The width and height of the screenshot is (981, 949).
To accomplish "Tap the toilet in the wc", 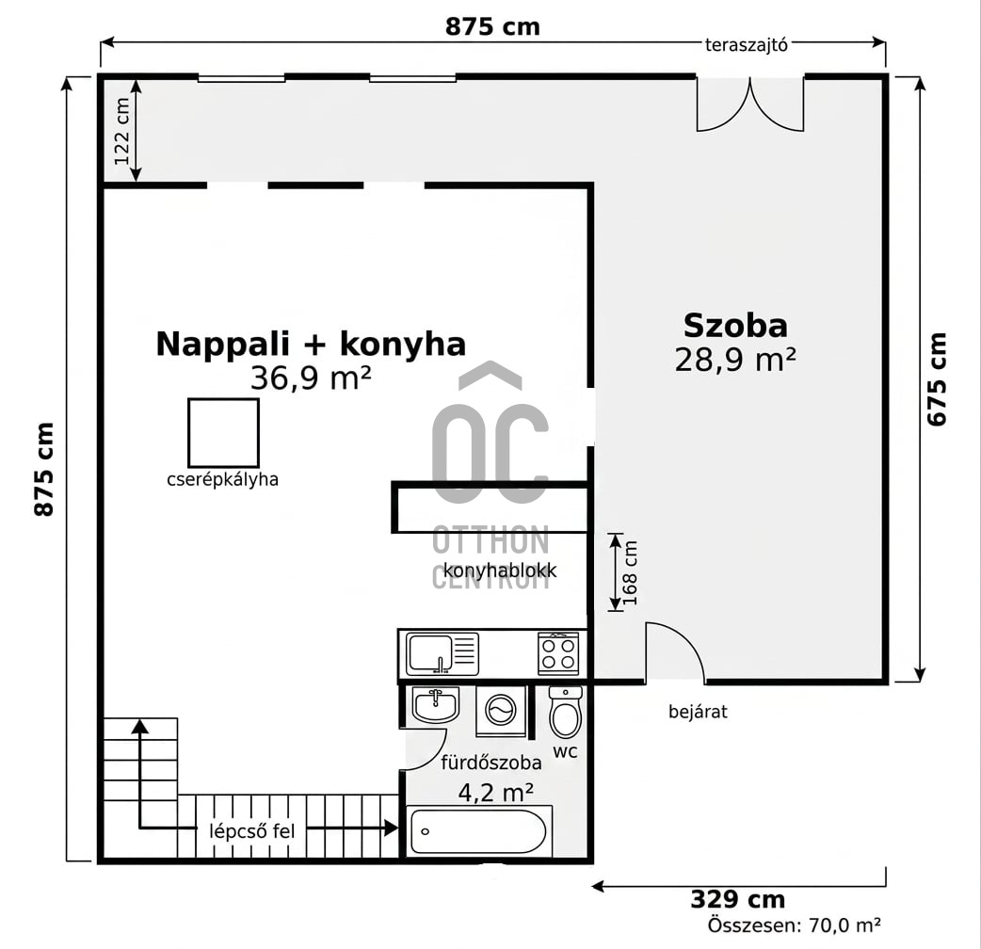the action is [x=565, y=713].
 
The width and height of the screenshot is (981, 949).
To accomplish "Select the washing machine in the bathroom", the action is [x=501, y=711].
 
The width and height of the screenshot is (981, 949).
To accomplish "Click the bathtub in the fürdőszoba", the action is [x=479, y=831].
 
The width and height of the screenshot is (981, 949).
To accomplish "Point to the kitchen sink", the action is [x=442, y=654].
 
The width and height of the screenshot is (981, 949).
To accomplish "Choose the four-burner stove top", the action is [x=558, y=653].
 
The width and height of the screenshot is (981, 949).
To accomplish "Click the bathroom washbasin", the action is [x=436, y=705].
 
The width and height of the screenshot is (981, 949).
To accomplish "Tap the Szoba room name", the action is [x=735, y=326].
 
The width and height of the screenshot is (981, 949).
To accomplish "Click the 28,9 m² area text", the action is [x=735, y=360].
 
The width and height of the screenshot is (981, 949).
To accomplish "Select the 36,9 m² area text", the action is [x=311, y=378].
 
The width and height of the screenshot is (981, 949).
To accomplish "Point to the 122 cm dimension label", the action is [x=122, y=132].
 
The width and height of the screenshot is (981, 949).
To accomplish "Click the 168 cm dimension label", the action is [x=630, y=572].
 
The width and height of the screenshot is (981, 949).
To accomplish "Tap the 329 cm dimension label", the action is [x=737, y=900].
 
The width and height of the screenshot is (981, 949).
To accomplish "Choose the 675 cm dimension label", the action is [x=937, y=379].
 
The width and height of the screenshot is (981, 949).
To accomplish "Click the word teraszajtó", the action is [x=746, y=45].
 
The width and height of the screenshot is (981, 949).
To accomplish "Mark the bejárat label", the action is [x=698, y=712].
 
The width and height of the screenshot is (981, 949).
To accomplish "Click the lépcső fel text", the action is [x=251, y=831].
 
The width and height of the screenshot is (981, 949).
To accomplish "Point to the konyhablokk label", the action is [x=500, y=571].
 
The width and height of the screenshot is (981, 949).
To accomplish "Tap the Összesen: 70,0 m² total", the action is [x=795, y=925].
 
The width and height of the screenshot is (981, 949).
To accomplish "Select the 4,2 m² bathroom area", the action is [x=495, y=793].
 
